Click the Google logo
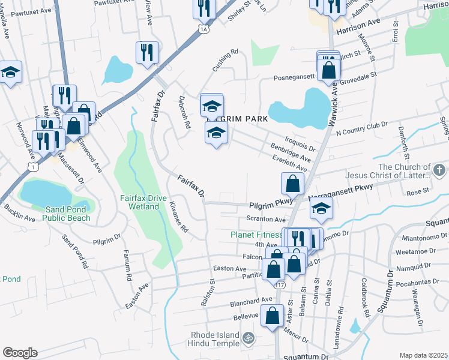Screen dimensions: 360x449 click(20, 353)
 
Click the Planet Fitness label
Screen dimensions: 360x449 click(256, 235)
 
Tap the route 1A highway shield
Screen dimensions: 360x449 click(203, 29)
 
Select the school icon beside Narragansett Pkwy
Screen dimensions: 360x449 click(322, 209)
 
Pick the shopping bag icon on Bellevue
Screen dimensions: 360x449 click(273, 316)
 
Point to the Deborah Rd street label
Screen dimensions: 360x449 click(184, 113)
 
